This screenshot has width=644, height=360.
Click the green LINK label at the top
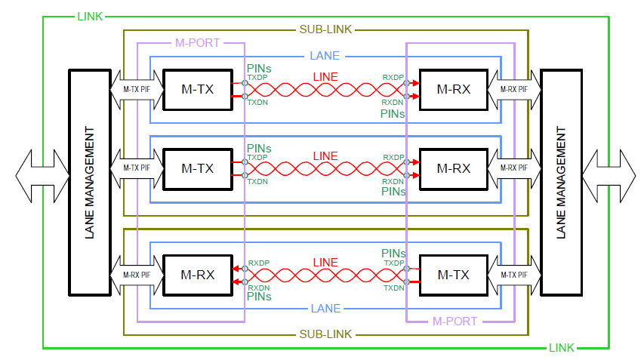tap(90, 16)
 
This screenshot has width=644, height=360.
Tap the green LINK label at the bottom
tap(561, 347)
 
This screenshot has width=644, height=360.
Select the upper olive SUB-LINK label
tap(326, 30)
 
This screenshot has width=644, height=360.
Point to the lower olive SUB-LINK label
tap(326, 333)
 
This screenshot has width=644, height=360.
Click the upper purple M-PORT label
tap(196, 43)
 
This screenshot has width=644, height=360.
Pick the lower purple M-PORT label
tap(454, 321)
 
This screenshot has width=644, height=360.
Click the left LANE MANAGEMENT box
tap(90, 183)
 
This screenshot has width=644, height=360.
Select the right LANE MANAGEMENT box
tap(560, 183)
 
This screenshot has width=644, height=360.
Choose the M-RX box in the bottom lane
tap(197, 274)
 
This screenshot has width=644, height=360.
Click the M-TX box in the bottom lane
tap(453, 274)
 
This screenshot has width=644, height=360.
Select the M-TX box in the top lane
tap(197, 89)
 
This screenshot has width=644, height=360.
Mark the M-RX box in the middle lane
tap(453, 168)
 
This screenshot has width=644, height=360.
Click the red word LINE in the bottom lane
tap(325, 263)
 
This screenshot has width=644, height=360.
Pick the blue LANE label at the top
tap(325, 56)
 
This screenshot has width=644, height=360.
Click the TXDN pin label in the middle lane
tap(258, 181)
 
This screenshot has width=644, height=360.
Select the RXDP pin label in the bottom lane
tap(258, 263)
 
